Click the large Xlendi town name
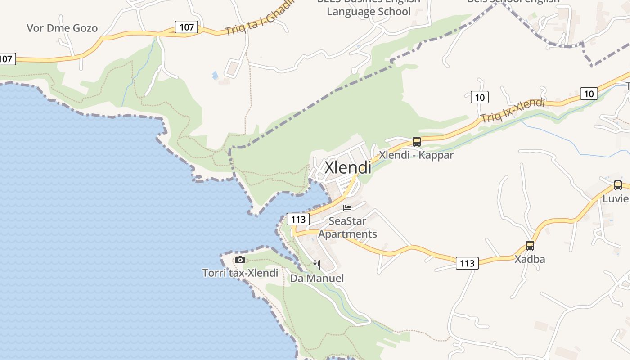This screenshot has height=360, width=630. (x=348, y=168)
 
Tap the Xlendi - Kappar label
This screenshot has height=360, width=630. (x=416, y=155)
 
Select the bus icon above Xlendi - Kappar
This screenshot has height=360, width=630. (x=417, y=142)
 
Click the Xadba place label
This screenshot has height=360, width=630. (x=530, y=259)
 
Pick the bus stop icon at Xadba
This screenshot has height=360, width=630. (x=530, y=246)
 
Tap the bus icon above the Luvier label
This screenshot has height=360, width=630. (x=618, y=185)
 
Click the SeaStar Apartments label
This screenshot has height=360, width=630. (x=347, y=228)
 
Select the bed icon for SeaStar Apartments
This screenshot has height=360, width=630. (x=347, y=208)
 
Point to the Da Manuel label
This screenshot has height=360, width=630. (x=317, y=278)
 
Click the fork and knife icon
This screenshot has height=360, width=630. (x=317, y=265)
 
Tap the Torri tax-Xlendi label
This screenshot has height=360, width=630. (x=240, y=273)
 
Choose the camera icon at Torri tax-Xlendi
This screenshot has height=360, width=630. (x=240, y=260)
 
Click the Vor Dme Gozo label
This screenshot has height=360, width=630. (x=62, y=28)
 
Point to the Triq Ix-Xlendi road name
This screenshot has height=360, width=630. (x=513, y=110)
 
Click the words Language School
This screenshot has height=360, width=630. (x=369, y=11)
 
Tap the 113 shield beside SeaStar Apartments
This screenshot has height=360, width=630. (x=298, y=220)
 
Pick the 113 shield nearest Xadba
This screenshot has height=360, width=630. (x=467, y=263)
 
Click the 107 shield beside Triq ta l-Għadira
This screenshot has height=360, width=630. (x=186, y=27)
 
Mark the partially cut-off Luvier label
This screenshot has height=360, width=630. (x=616, y=199)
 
